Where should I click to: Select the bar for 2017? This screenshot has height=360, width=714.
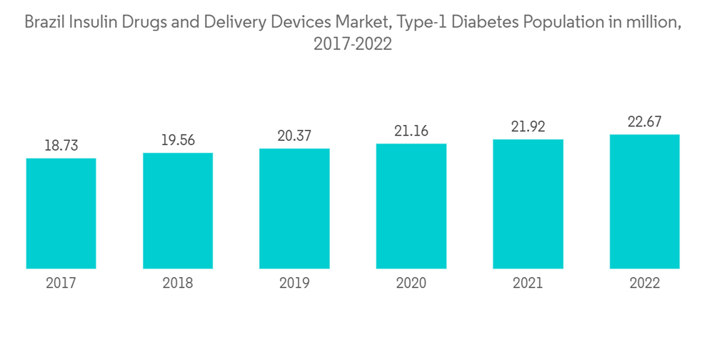click(61, 214)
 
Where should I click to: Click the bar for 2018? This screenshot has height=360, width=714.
click(178, 211)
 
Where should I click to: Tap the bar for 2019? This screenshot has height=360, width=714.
click(294, 209)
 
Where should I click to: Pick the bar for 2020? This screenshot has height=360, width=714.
click(411, 206)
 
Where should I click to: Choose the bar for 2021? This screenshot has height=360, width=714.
click(528, 204)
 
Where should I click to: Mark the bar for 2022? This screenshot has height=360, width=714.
click(644, 201)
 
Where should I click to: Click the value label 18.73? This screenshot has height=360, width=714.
click(61, 146)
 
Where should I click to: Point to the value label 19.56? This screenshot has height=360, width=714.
click(178, 141)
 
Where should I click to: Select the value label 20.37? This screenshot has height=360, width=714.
click(294, 136)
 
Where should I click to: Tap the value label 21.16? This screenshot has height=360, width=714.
click(411, 131)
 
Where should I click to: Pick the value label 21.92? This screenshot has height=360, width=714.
click(528, 127)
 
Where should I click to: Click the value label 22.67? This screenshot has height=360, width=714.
click(644, 122)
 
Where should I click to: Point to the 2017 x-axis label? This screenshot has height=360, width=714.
click(61, 284)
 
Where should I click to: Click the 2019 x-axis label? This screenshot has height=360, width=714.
click(294, 284)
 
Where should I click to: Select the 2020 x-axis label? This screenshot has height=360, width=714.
click(411, 284)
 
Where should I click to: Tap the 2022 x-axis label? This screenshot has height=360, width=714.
click(644, 284)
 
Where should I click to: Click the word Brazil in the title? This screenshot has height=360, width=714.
click(43, 22)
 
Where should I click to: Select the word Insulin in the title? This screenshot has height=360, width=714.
click(93, 22)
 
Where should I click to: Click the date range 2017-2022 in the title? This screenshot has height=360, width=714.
click(353, 45)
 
